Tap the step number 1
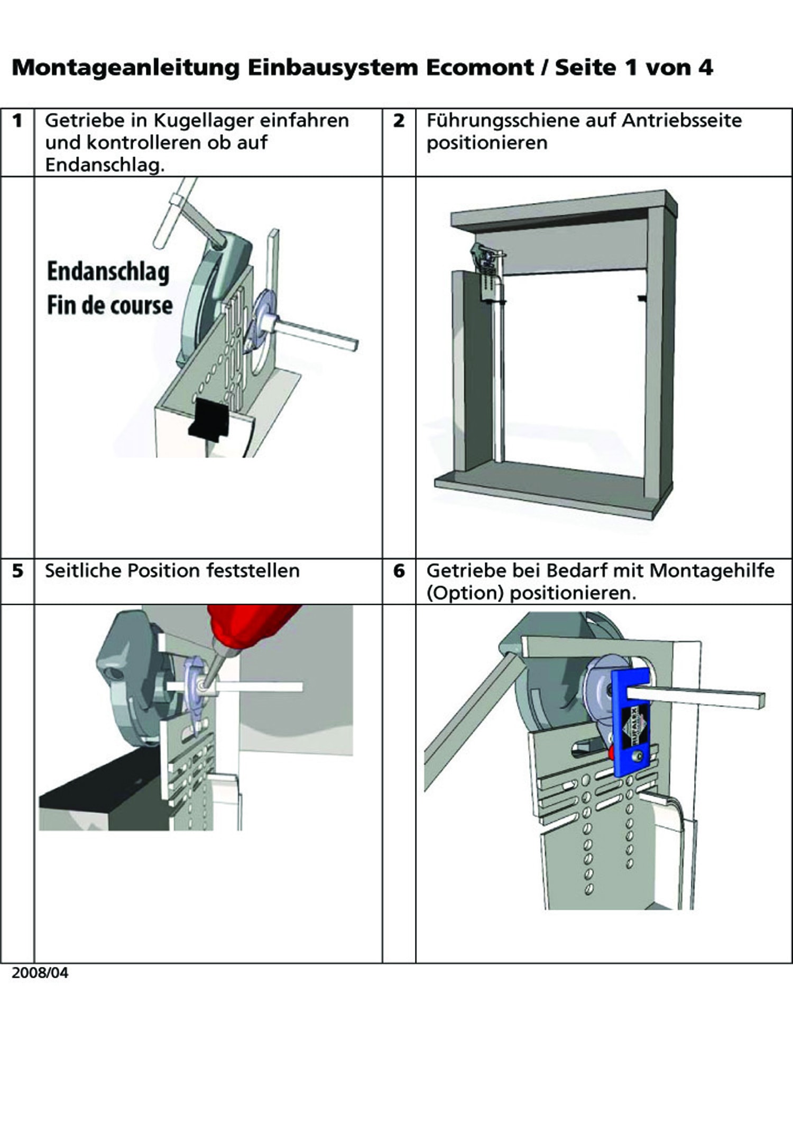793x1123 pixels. click(17, 121)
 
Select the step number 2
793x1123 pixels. click(399, 121)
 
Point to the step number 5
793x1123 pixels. click(17, 571)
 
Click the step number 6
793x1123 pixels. click(399, 571)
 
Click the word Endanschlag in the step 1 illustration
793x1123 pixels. click(108, 272)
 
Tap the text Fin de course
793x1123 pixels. click(110, 305)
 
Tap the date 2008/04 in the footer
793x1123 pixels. click(40, 973)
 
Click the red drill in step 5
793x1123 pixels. click(248, 629)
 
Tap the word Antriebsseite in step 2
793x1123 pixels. click(682, 121)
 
